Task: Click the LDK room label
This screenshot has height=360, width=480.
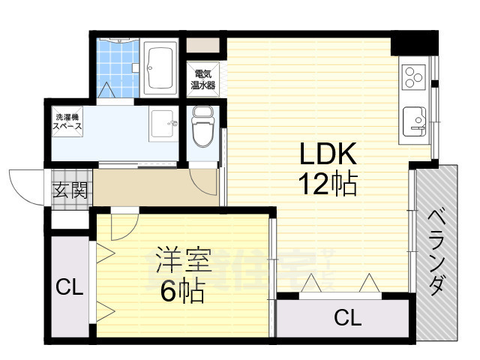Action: (327, 155)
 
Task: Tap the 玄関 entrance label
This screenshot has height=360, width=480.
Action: (69, 189)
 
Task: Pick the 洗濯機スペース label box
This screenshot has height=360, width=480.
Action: (67, 123)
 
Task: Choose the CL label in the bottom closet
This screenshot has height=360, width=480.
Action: (347, 318)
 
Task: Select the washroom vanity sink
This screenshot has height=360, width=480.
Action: (163, 124)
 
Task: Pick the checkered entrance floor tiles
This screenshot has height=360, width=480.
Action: (69, 202)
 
